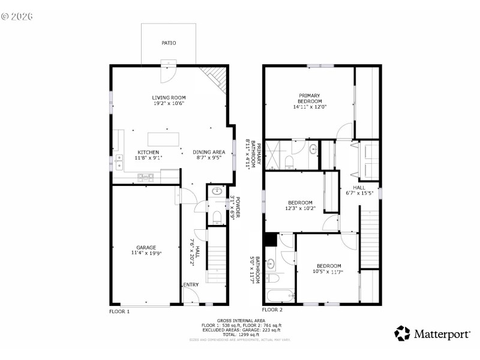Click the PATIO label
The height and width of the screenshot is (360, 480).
[x=169, y=43]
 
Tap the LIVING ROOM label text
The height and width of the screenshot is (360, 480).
[x=169, y=97]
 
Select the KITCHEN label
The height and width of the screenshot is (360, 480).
[x=148, y=152]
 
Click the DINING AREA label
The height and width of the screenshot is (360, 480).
[x=209, y=152]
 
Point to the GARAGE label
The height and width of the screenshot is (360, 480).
[x=146, y=247]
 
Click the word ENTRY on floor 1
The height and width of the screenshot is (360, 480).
[x=190, y=285]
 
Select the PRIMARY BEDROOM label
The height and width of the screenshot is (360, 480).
[x=310, y=98]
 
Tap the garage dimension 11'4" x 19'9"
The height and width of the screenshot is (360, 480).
[x=146, y=254]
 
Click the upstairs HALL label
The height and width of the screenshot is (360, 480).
[x=359, y=187]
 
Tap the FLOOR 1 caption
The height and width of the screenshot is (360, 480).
[x=119, y=311]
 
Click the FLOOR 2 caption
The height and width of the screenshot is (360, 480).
[x=272, y=310]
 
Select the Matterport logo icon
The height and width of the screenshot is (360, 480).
[x=402, y=333]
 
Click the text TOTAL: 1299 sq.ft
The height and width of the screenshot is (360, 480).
[x=241, y=334]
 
